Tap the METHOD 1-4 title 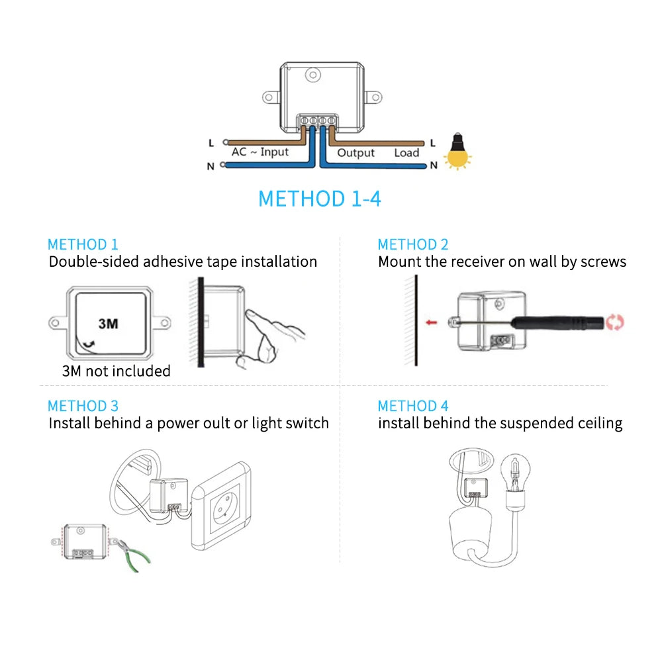point(319,199)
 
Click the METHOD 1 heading point(83,244)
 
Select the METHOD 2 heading point(413,244)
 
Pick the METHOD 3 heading point(83,406)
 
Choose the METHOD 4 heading point(413,406)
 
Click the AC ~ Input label point(260,152)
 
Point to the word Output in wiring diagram point(355,153)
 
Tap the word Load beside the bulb point(406,153)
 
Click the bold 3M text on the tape point(108,324)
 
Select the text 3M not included point(116,371)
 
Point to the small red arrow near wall point(432,322)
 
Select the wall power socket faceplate point(221,508)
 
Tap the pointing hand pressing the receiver point(271,334)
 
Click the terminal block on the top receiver point(317,120)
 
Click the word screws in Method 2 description point(602,261)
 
